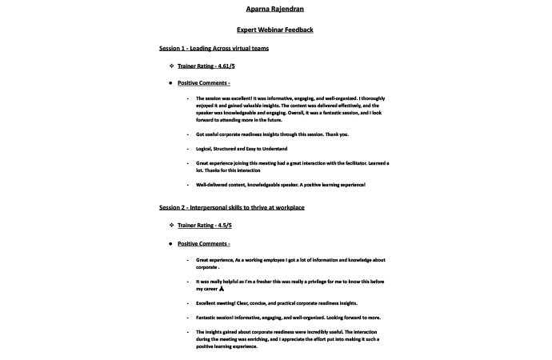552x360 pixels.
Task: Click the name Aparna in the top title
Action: click(x=258, y=9)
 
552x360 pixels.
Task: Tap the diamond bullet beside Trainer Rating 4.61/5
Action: click(x=170, y=66)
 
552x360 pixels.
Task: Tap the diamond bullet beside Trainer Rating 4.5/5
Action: click(x=170, y=226)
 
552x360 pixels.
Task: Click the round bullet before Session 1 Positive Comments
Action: click(x=170, y=83)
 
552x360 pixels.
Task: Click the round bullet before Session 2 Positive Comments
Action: click(x=170, y=243)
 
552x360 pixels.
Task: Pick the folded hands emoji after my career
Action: click(x=222, y=289)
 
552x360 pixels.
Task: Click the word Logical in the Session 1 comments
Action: click(x=205, y=149)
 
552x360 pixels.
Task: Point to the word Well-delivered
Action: click(x=212, y=185)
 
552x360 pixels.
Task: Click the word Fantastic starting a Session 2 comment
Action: click(x=209, y=318)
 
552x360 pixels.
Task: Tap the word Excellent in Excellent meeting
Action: click(x=209, y=303)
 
